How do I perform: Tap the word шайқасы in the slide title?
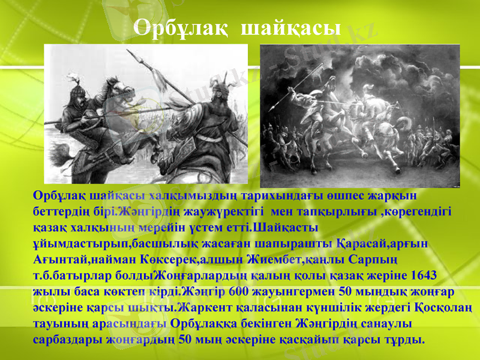pos(293,26)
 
